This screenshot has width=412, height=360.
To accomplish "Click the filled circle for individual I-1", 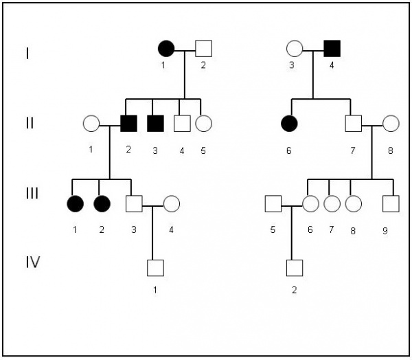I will click(x=166, y=48).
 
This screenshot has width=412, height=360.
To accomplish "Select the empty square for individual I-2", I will click(x=203, y=48).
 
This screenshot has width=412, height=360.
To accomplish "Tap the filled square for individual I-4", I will click(x=332, y=48).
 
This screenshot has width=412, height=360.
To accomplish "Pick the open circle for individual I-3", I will click(x=295, y=48).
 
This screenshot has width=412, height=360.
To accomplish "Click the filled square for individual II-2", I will click(x=128, y=124).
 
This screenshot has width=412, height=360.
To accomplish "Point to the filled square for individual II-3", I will click(x=156, y=124).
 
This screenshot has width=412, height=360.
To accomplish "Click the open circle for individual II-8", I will click(x=391, y=124).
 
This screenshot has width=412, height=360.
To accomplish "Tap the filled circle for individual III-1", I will click(x=74, y=203).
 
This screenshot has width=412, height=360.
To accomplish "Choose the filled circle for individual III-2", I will click(x=102, y=203).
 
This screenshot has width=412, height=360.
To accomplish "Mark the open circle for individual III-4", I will click(x=171, y=203).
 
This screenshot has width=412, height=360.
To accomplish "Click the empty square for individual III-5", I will click(x=273, y=203).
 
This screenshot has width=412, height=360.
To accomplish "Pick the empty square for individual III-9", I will click(x=391, y=203).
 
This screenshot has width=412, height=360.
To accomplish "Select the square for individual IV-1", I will click(x=156, y=267).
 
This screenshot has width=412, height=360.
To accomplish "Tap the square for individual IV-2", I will click(x=295, y=267).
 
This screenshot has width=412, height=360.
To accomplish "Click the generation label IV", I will click(x=30, y=262).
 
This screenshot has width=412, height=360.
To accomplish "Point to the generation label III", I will click(x=32, y=194).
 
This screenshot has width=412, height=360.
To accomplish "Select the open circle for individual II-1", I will click(x=91, y=124).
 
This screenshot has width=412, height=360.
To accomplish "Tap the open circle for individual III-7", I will click(x=332, y=203).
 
